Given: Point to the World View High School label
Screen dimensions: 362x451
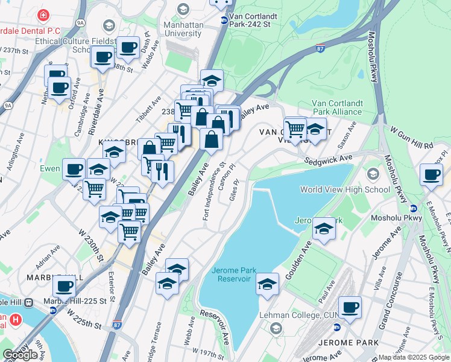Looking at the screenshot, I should click(x=345, y=189).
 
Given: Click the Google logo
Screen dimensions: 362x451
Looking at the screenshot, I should click(x=20, y=354).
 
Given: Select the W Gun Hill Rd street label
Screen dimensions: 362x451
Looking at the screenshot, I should click(x=411, y=137).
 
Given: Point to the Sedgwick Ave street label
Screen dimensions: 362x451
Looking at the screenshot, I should click(x=328, y=158).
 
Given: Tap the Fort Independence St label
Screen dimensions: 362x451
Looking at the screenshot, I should click(x=214, y=191).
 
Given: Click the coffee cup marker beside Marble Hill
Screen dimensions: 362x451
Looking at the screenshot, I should click(x=64, y=287).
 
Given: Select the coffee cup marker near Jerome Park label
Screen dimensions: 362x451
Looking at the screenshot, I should click(x=350, y=308).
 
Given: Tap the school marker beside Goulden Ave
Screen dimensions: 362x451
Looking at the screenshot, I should click(x=324, y=229).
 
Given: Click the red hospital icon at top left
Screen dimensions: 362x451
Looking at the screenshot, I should click(x=43, y=15).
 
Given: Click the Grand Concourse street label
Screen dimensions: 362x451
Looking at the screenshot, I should click(x=391, y=308).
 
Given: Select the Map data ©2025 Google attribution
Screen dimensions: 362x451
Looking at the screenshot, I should click(x=414, y=357).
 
